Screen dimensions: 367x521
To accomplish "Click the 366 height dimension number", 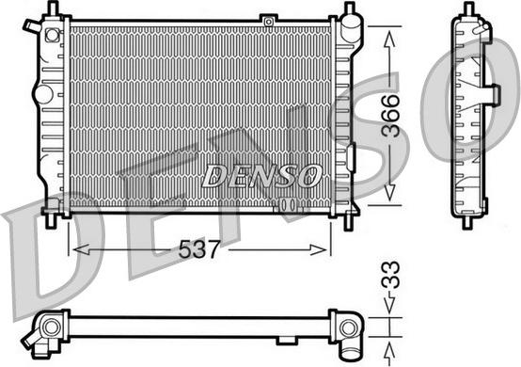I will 392,116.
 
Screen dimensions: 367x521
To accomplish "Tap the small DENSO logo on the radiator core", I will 262,175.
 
